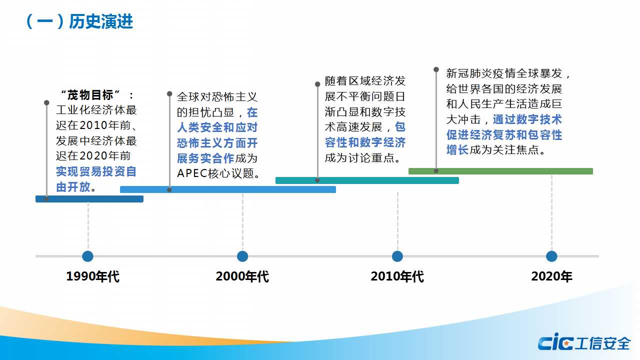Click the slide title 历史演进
101,21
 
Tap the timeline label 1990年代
93,276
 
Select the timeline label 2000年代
242,276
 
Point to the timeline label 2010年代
397,276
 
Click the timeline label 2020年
551,276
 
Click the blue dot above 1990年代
87,256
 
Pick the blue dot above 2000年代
242,256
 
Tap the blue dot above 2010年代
397,256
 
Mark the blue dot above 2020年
551,256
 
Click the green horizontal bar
500,171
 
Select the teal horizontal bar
367,180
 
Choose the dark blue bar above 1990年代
89,199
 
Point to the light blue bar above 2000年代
228,189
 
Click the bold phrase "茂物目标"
90,95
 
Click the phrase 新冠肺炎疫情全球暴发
504,73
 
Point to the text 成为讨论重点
359,157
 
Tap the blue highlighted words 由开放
73,187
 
